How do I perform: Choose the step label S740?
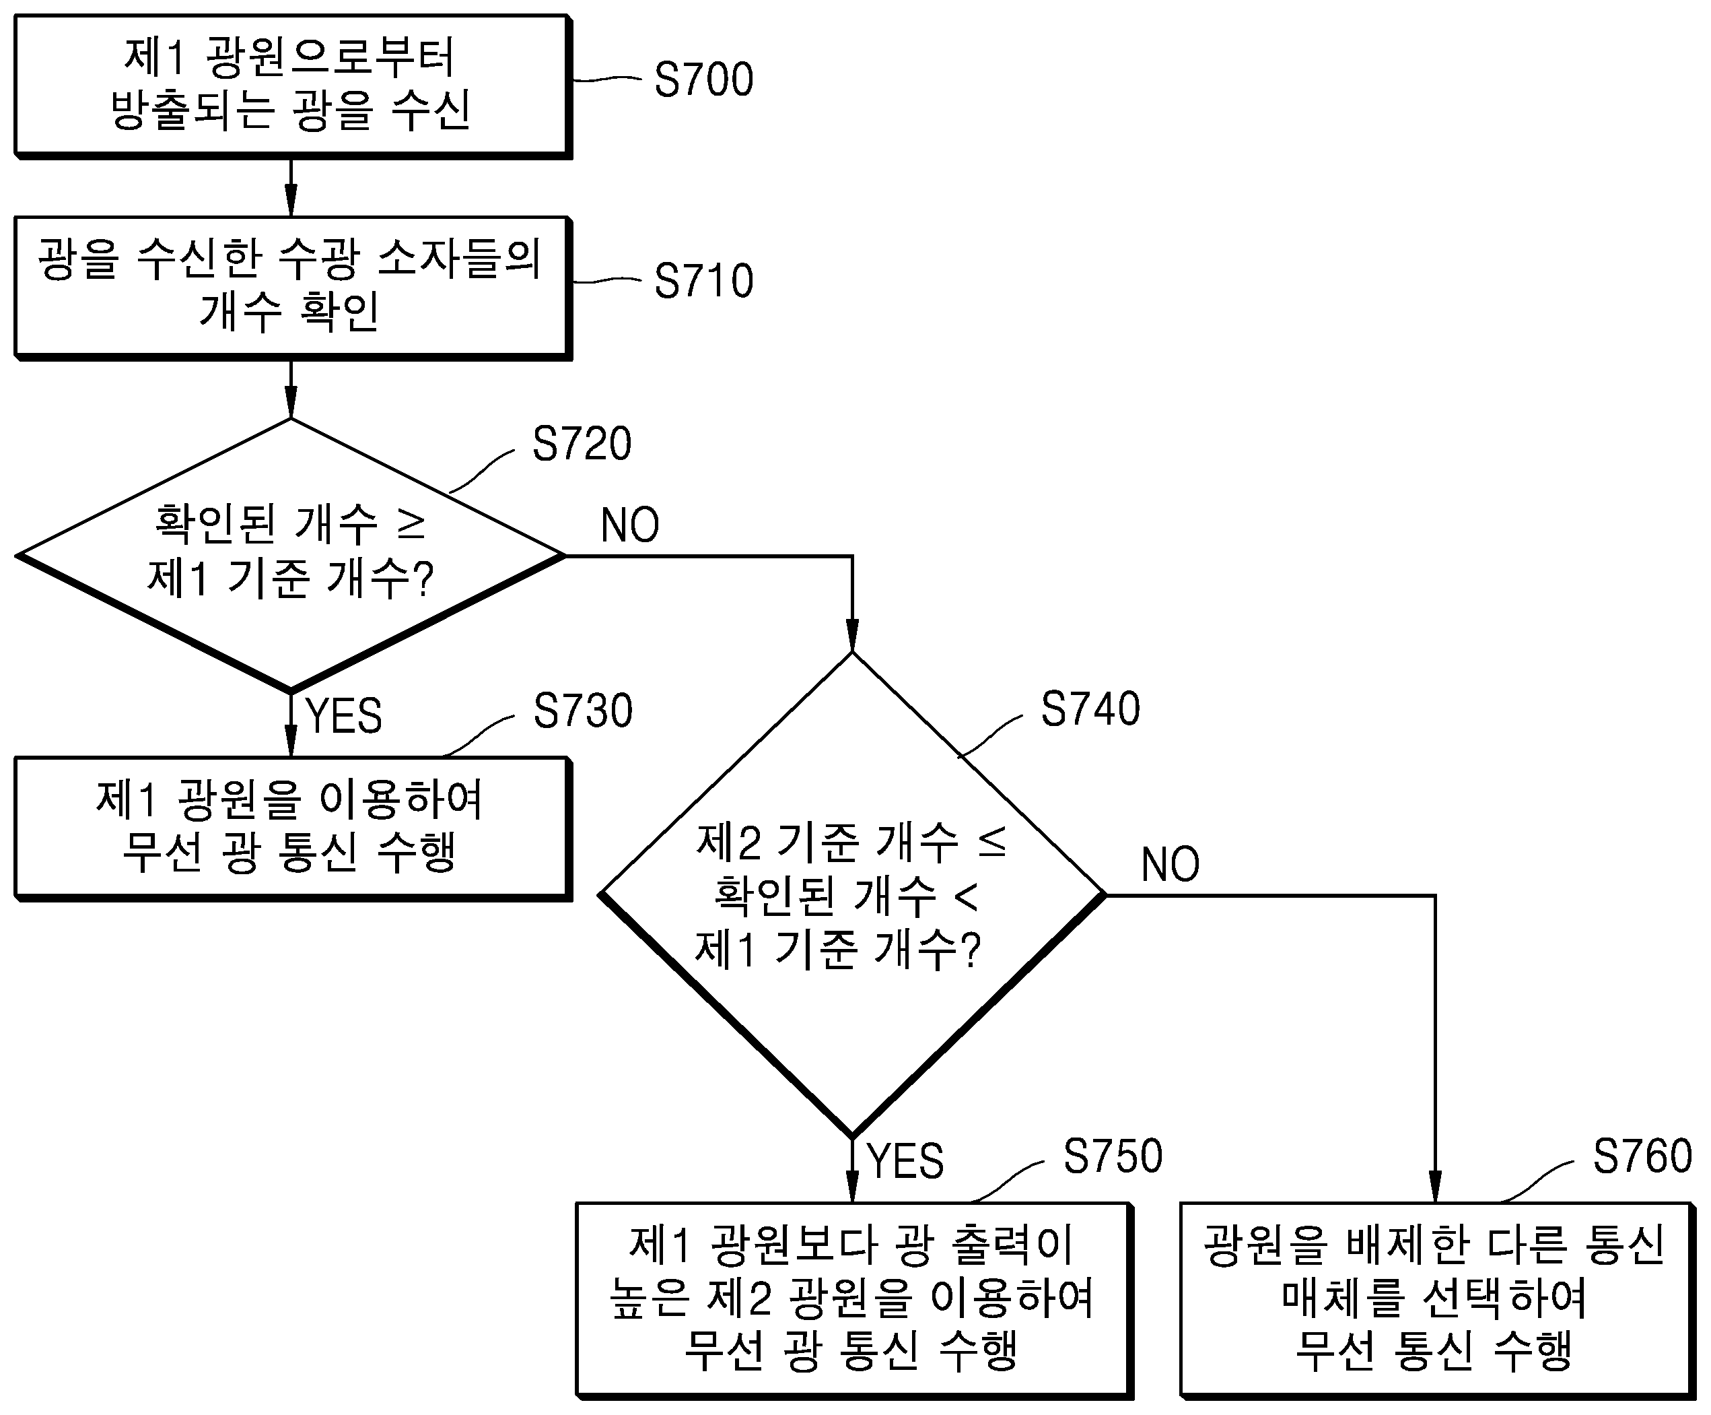(1090, 709)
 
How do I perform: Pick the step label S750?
(1113, 1156)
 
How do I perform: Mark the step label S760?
(1642, 1156)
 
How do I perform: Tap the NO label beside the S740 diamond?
(1170, 864)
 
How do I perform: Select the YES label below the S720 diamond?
(344, 716)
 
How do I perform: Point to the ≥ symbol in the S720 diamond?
(411, 525)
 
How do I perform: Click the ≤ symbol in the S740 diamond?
(991, 842)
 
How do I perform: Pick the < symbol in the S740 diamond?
(965, 896)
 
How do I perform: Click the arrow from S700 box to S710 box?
(291, 187)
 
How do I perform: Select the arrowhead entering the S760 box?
(1435, 1187)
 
